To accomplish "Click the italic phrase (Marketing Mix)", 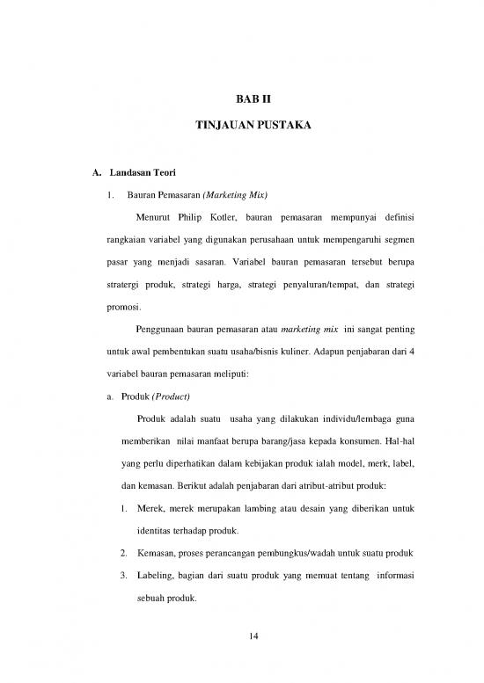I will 235,193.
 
